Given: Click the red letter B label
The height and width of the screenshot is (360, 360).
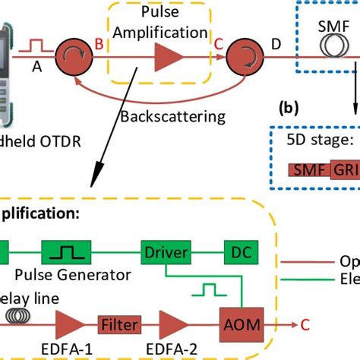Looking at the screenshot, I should tap(99, 46).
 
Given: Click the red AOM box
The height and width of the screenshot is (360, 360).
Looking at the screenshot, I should tap(240, 324).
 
